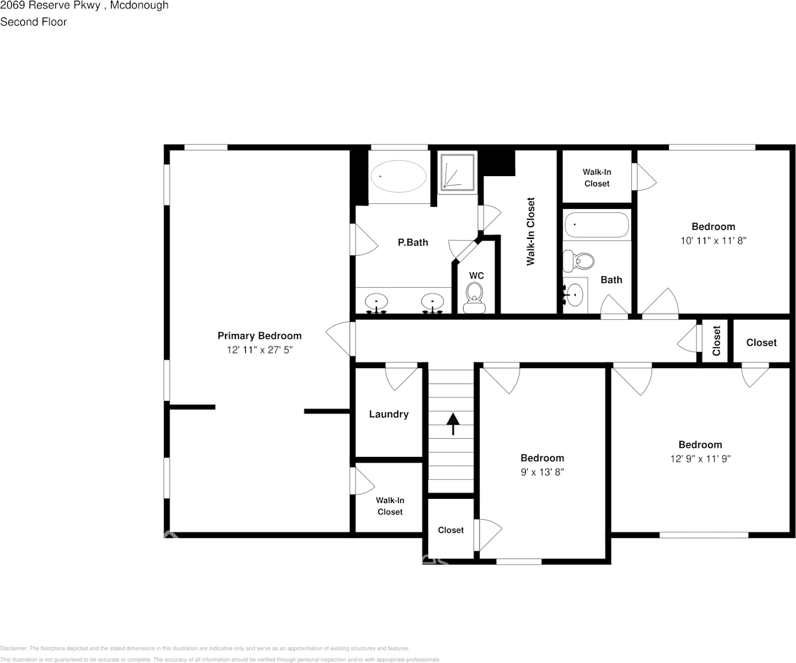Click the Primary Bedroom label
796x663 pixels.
(259, 336)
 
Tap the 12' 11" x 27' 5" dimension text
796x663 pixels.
(259, 349)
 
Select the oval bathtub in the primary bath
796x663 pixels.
(397, 176)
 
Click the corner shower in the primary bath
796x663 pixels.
(458, 172)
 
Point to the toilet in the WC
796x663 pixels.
(475, 296)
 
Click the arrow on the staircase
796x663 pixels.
(453, 423)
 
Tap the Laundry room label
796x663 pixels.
(388, 414)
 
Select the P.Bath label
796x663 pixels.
(413, 242)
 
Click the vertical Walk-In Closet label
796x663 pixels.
(531, 231)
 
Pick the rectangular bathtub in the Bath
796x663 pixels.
(597, 226)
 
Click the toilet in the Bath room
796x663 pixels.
(579, 261)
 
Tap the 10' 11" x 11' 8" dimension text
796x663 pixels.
(713, 240)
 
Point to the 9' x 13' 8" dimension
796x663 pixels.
(542, 472)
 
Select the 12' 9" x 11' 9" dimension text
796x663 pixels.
(700, 458)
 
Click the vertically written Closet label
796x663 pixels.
(716, 341)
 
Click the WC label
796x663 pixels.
(476, 276)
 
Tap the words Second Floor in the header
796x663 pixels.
(34, 22)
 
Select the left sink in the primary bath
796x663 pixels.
(376, 303)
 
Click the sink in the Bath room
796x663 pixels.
(575, 294)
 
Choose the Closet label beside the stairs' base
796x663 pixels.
(450, 530)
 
